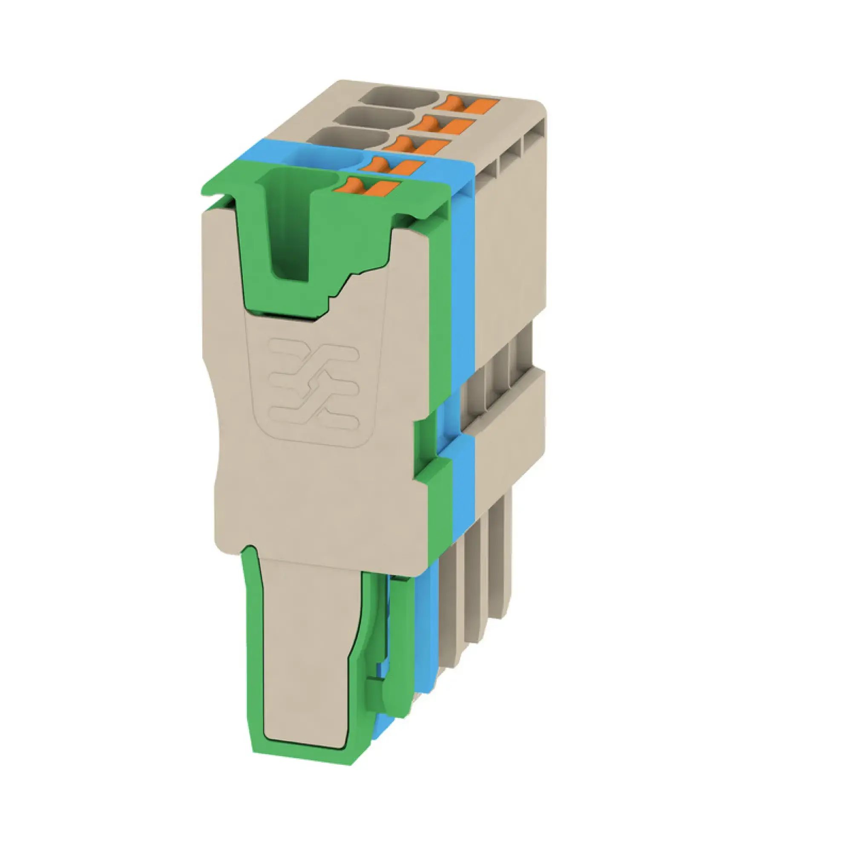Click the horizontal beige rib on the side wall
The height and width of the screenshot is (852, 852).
click(x=507, y=406)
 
